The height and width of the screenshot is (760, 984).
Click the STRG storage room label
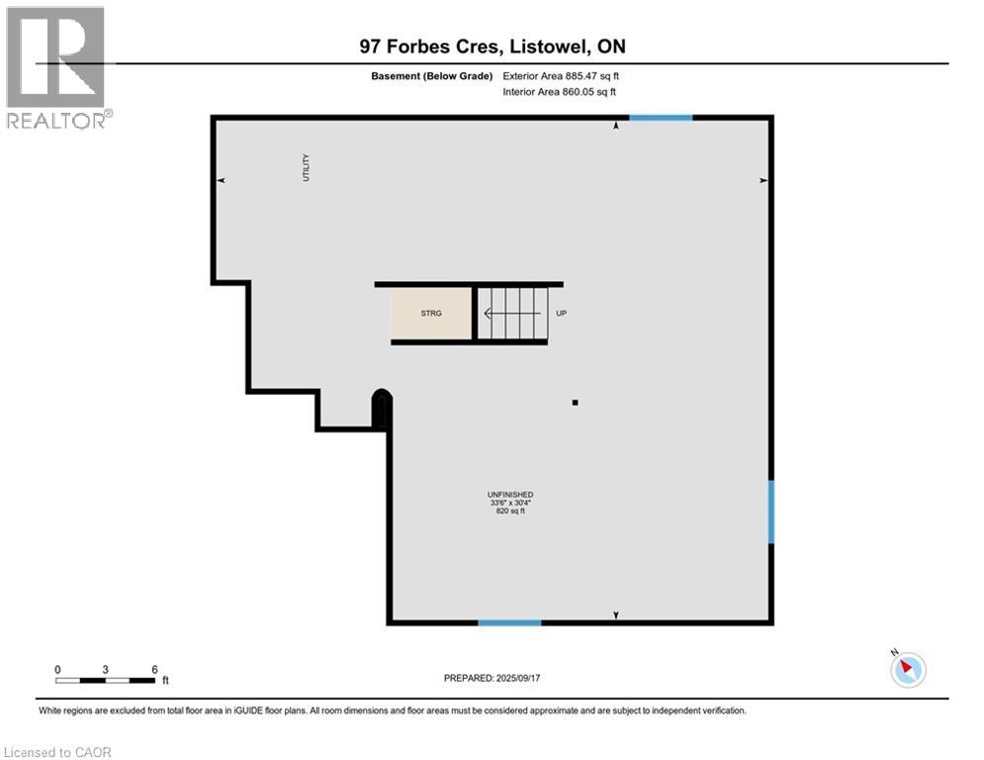(x=431, y=314)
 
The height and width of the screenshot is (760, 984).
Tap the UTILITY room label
(x=307, y=167)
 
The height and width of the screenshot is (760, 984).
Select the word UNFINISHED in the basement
(x=510, y=494)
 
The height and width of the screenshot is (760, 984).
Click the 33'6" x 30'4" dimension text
(x=510, y=503)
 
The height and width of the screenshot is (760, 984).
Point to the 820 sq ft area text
(x=510, y=512)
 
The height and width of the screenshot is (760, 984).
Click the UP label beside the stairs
(x=561, y=314)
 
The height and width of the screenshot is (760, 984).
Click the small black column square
(x=575, y=402)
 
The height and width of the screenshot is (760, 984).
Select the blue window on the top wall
(x=661, y=118)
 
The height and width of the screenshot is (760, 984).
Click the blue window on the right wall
(x=771, y=512)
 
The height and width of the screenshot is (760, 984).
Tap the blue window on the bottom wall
(x=509, y=622)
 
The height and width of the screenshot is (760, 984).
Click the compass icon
(x=907, y=669)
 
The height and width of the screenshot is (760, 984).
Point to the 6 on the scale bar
(x=154, y=669)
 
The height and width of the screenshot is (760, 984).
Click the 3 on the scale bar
(x=106, y=669)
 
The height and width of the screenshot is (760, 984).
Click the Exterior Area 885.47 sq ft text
(x=561, y=76)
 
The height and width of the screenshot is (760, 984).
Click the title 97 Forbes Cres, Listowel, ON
(x=492, y=47)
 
